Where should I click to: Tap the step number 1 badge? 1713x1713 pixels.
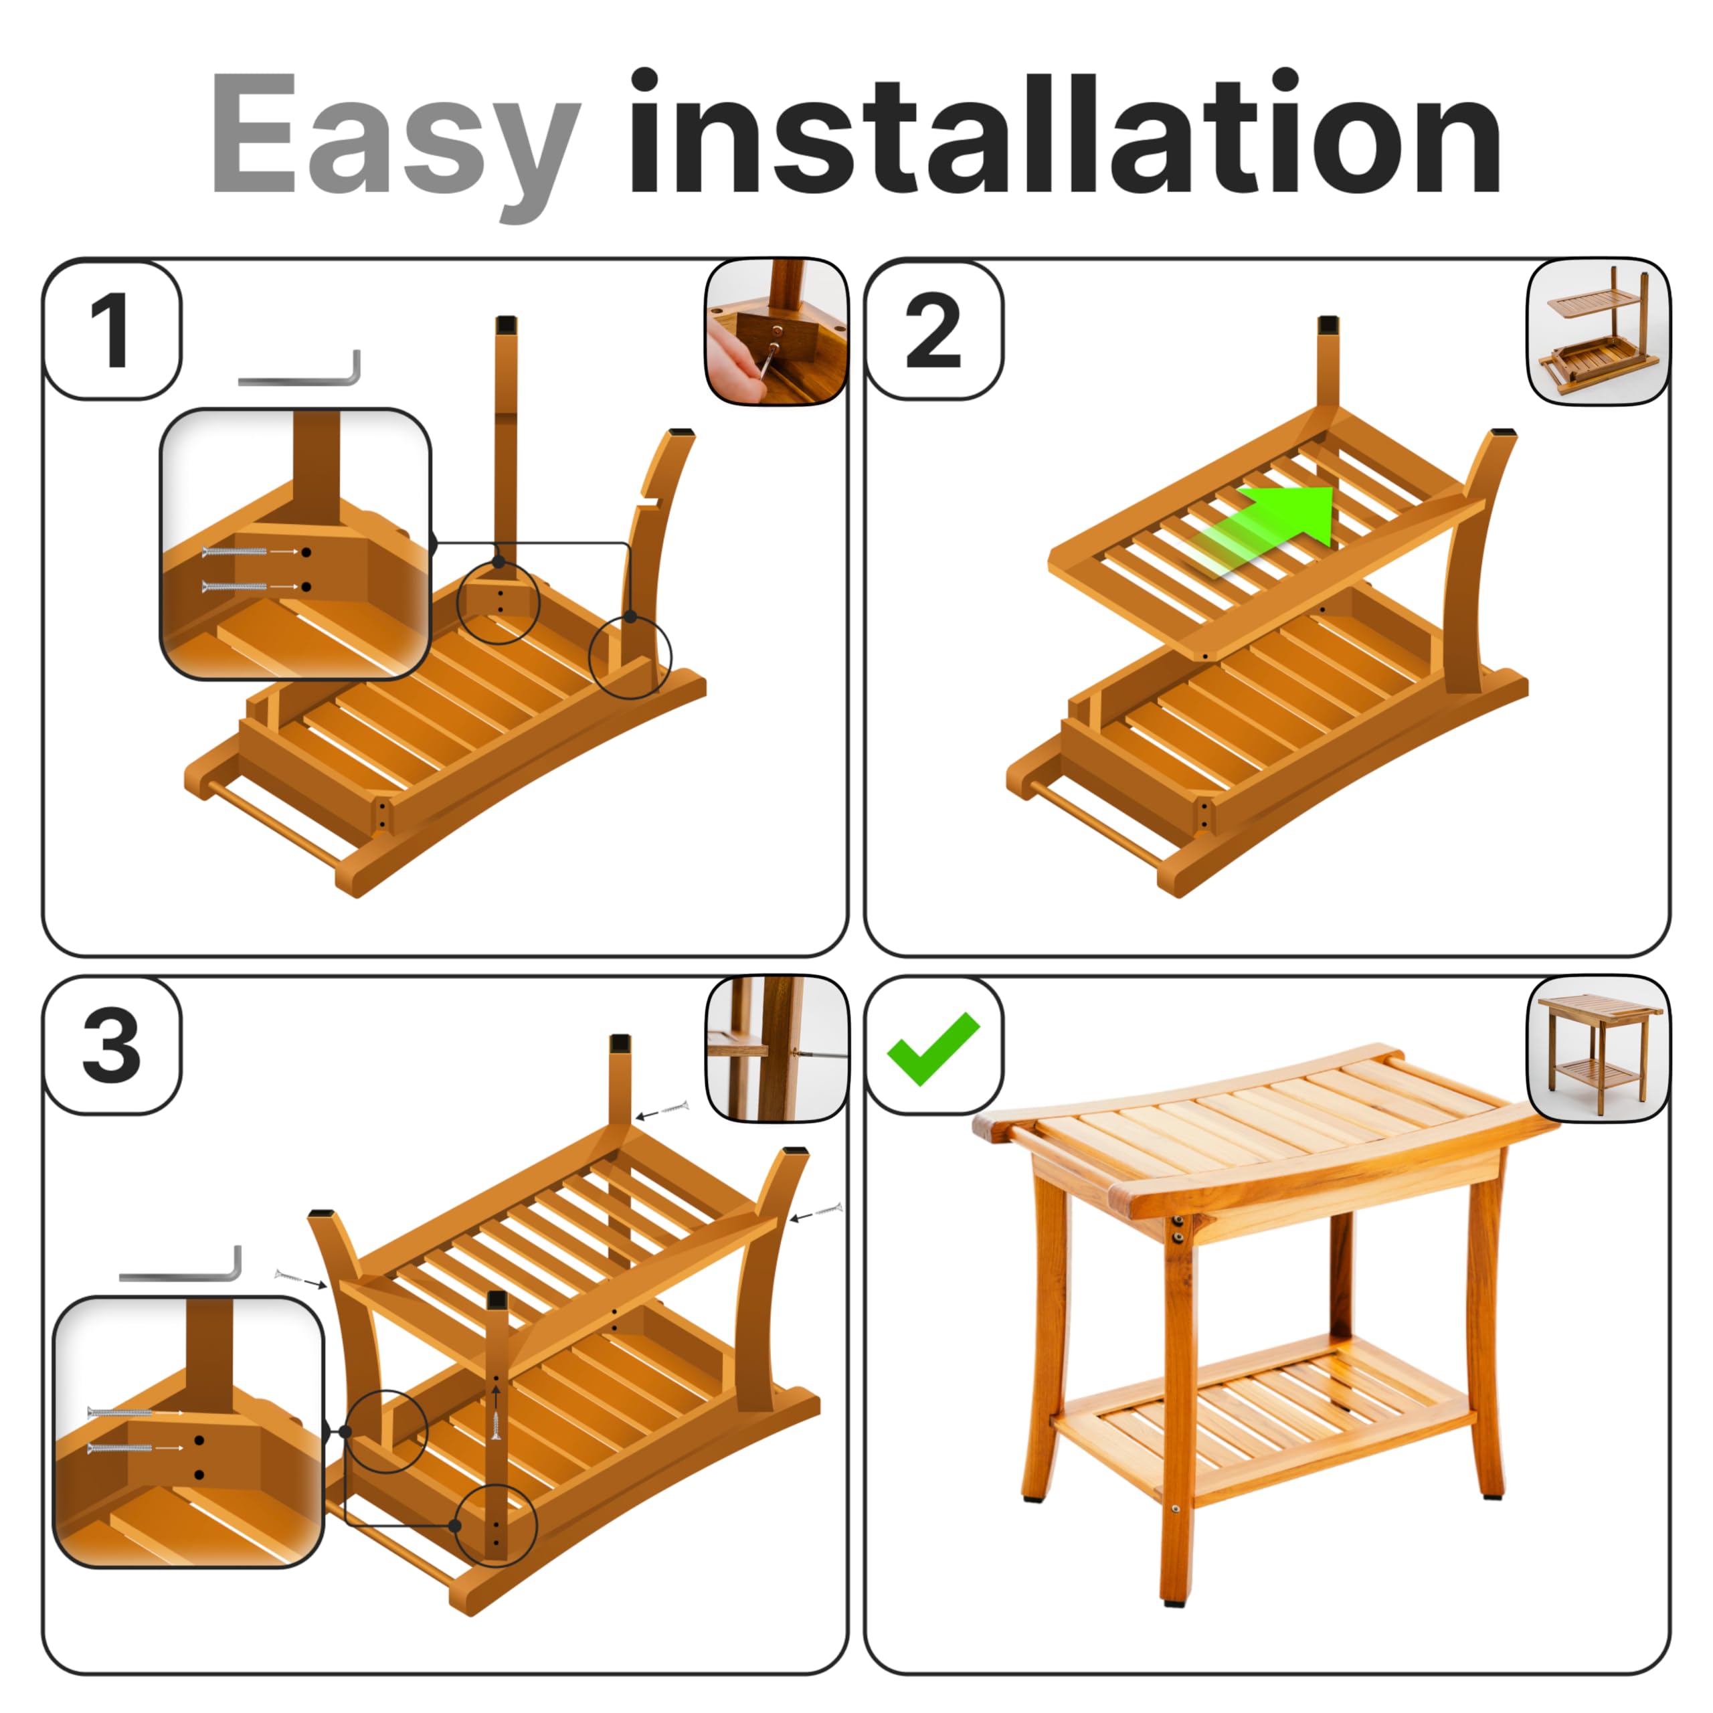pyautogui.click(x=112, y=330)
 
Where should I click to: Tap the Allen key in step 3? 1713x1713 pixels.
pyautogui.click(x=182, y=1268)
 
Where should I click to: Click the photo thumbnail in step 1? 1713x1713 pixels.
pyautogui.click(x=776, y=332)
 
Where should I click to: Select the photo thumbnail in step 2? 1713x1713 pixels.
pyautogui.click(x=1598, y=332)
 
